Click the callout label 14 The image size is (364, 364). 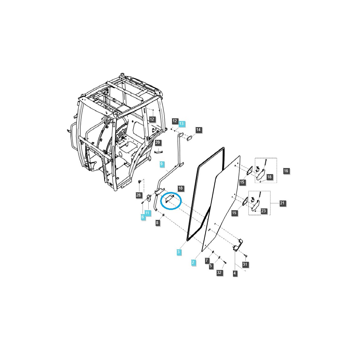198,130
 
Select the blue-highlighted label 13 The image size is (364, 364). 181,124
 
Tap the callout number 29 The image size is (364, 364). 157,143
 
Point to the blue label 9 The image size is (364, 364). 161,164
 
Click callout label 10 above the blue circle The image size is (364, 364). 180,188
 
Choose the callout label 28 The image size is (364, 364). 138,195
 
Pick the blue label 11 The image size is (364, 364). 147,213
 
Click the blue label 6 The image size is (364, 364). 143,217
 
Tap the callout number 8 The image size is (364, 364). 157,223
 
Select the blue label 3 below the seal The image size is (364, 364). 178,252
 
